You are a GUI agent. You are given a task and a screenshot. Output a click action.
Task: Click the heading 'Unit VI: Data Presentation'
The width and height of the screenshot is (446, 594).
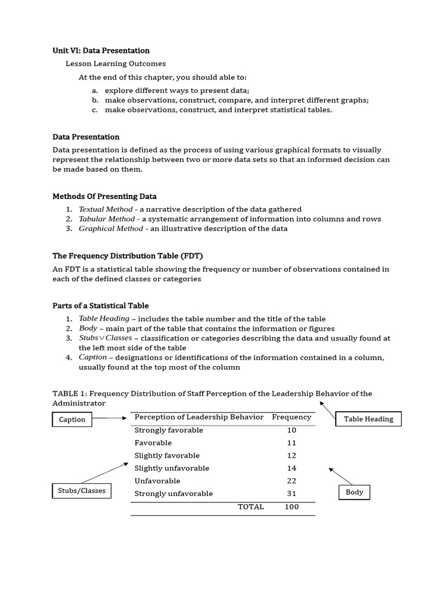point(101,50)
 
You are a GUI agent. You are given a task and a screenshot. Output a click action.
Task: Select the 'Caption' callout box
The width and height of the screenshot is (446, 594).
point(72,419)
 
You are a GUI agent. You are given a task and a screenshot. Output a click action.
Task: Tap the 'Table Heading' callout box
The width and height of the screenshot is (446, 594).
point(368,419)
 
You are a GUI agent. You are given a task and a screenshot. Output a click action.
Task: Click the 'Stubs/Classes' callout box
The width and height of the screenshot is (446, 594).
point(82,491)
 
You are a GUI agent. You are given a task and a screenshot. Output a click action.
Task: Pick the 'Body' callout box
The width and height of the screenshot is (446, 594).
point(354,492)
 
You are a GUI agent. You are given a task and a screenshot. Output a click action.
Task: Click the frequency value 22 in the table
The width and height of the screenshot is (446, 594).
point(292,481)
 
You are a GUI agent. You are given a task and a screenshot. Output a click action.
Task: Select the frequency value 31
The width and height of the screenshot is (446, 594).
point(292,494)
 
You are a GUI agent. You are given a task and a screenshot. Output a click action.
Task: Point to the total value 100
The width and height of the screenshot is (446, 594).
point(292,506)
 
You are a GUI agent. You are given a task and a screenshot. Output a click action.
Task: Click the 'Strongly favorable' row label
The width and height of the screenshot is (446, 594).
point(169,430)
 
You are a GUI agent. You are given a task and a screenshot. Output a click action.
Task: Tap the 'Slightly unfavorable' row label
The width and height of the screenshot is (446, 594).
point(172,468)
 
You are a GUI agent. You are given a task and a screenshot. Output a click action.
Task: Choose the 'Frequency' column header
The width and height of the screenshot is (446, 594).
point(292,417)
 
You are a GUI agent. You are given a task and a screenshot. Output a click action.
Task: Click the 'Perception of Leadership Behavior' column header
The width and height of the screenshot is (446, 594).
point(199,417)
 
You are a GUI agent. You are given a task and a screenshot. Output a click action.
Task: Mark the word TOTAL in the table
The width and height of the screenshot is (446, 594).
point(251,506)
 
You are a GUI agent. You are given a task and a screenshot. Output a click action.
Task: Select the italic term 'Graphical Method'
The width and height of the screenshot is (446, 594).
point(111,229)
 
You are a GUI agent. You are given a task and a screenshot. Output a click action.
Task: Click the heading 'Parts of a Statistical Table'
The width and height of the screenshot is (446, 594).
point(100,306)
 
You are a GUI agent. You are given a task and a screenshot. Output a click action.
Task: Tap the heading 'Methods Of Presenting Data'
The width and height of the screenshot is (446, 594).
point(105,196)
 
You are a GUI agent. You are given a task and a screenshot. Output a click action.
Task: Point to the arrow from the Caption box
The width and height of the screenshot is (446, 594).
point(109,418)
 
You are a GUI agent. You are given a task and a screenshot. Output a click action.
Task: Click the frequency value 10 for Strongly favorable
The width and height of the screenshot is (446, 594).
point(292,430)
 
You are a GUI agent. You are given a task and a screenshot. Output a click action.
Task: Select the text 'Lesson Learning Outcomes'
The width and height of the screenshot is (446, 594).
point(116,64)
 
